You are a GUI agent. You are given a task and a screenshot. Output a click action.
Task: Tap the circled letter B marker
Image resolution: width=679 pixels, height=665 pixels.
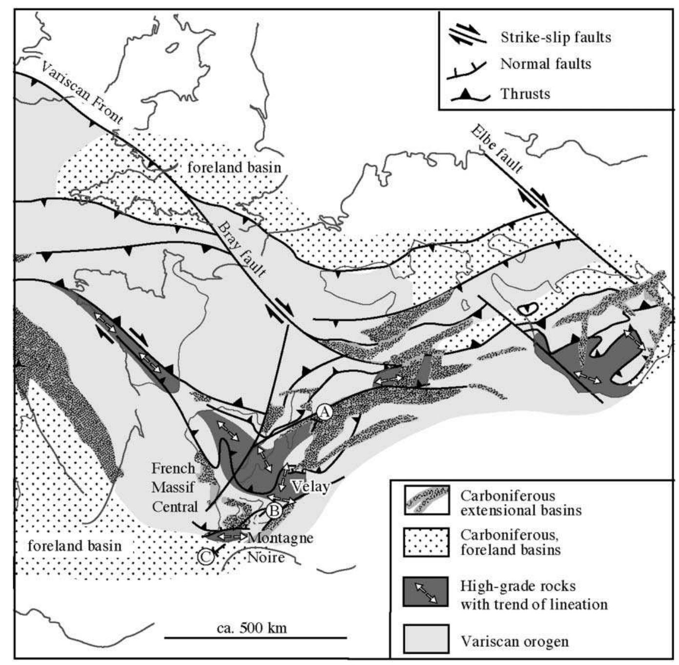coord(274,511)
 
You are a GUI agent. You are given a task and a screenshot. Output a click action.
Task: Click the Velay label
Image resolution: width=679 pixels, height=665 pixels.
coord(310,487)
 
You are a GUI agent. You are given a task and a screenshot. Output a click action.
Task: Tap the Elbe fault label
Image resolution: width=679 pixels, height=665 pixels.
coord(497,149)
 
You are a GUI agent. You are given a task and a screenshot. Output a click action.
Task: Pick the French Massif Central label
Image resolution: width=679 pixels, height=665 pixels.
coord(174,488)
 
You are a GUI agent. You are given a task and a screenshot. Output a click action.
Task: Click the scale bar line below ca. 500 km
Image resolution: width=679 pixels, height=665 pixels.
coord(255,638)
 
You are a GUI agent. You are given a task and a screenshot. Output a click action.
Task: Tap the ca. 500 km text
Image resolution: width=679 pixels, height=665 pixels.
coord(251,627)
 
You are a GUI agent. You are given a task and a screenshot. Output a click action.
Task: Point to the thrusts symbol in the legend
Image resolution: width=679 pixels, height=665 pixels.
coord(470,95)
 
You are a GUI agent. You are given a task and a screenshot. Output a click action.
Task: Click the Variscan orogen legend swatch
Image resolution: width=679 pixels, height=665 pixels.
coord(426,638)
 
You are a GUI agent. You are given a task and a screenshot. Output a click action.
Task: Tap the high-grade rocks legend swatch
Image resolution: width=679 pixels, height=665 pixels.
coord(426,591)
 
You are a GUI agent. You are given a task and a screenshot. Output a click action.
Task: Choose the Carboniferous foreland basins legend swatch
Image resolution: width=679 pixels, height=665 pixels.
coord(426,542)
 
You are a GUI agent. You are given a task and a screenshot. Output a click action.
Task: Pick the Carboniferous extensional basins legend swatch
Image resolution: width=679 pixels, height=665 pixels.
coord(426,500)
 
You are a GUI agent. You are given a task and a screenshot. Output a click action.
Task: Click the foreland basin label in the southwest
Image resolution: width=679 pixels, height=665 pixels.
coord(74,545)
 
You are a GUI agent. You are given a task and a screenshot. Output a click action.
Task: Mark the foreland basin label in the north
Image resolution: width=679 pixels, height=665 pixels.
coord(234,167)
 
